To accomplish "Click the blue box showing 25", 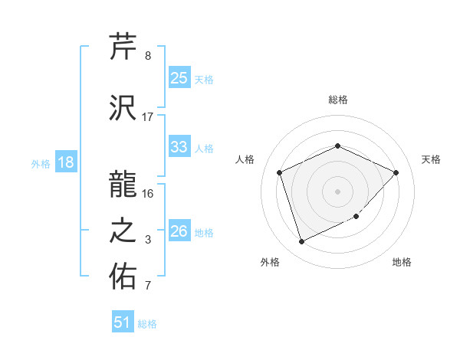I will coord(179,78).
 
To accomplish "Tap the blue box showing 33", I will coord(179,147).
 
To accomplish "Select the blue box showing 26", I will coord(179,231).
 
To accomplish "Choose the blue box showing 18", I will coord(65,162).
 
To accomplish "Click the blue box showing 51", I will coord(123,322).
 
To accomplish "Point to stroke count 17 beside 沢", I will coord(148,117).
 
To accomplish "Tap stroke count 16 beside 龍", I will coord(148,193).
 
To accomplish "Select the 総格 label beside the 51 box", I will coord(147,324).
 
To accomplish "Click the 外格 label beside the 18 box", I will coord(41,164).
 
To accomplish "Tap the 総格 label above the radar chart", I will coord(337,100).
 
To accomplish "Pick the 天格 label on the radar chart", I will coord(431,159).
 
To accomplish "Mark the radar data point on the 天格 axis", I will coord(396,172).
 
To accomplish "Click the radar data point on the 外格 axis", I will coord(301,241).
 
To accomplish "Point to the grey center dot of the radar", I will coord(337,191).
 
